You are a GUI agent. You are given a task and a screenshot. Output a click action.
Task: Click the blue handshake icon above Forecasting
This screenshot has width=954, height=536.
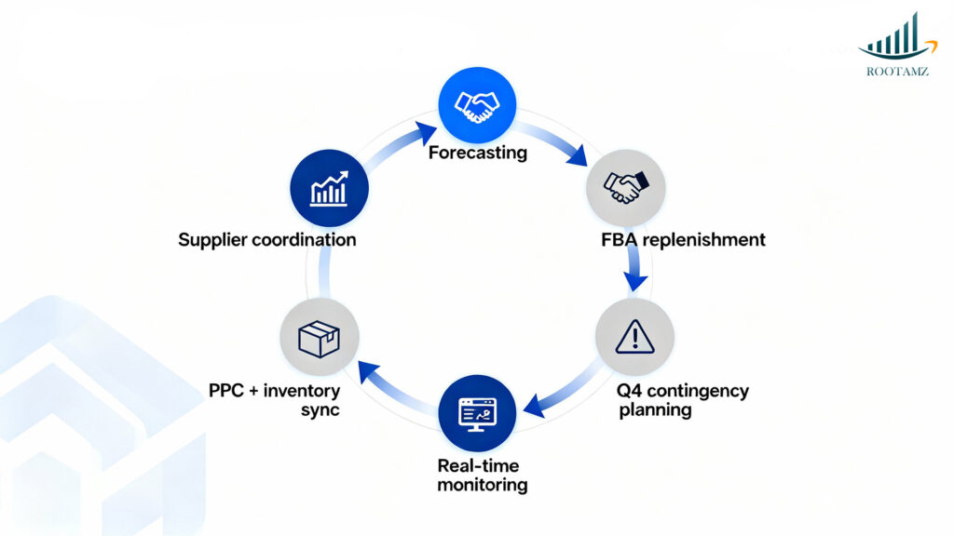click(478, 105)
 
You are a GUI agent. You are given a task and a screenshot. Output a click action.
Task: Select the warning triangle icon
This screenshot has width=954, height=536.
click(634, 337)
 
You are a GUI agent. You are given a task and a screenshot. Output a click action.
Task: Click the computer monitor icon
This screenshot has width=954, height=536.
click(477, 413)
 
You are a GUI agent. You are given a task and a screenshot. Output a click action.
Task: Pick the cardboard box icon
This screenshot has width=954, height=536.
click(319, 338)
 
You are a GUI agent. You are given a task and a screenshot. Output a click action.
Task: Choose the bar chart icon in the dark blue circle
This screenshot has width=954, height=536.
click(329, 188)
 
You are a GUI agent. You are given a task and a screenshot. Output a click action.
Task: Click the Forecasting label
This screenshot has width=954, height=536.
click(477, 152)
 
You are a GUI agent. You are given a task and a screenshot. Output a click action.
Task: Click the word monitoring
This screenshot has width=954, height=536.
click(483, 484)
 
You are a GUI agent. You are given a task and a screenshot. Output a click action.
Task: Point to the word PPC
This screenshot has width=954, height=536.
click(228, 390)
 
